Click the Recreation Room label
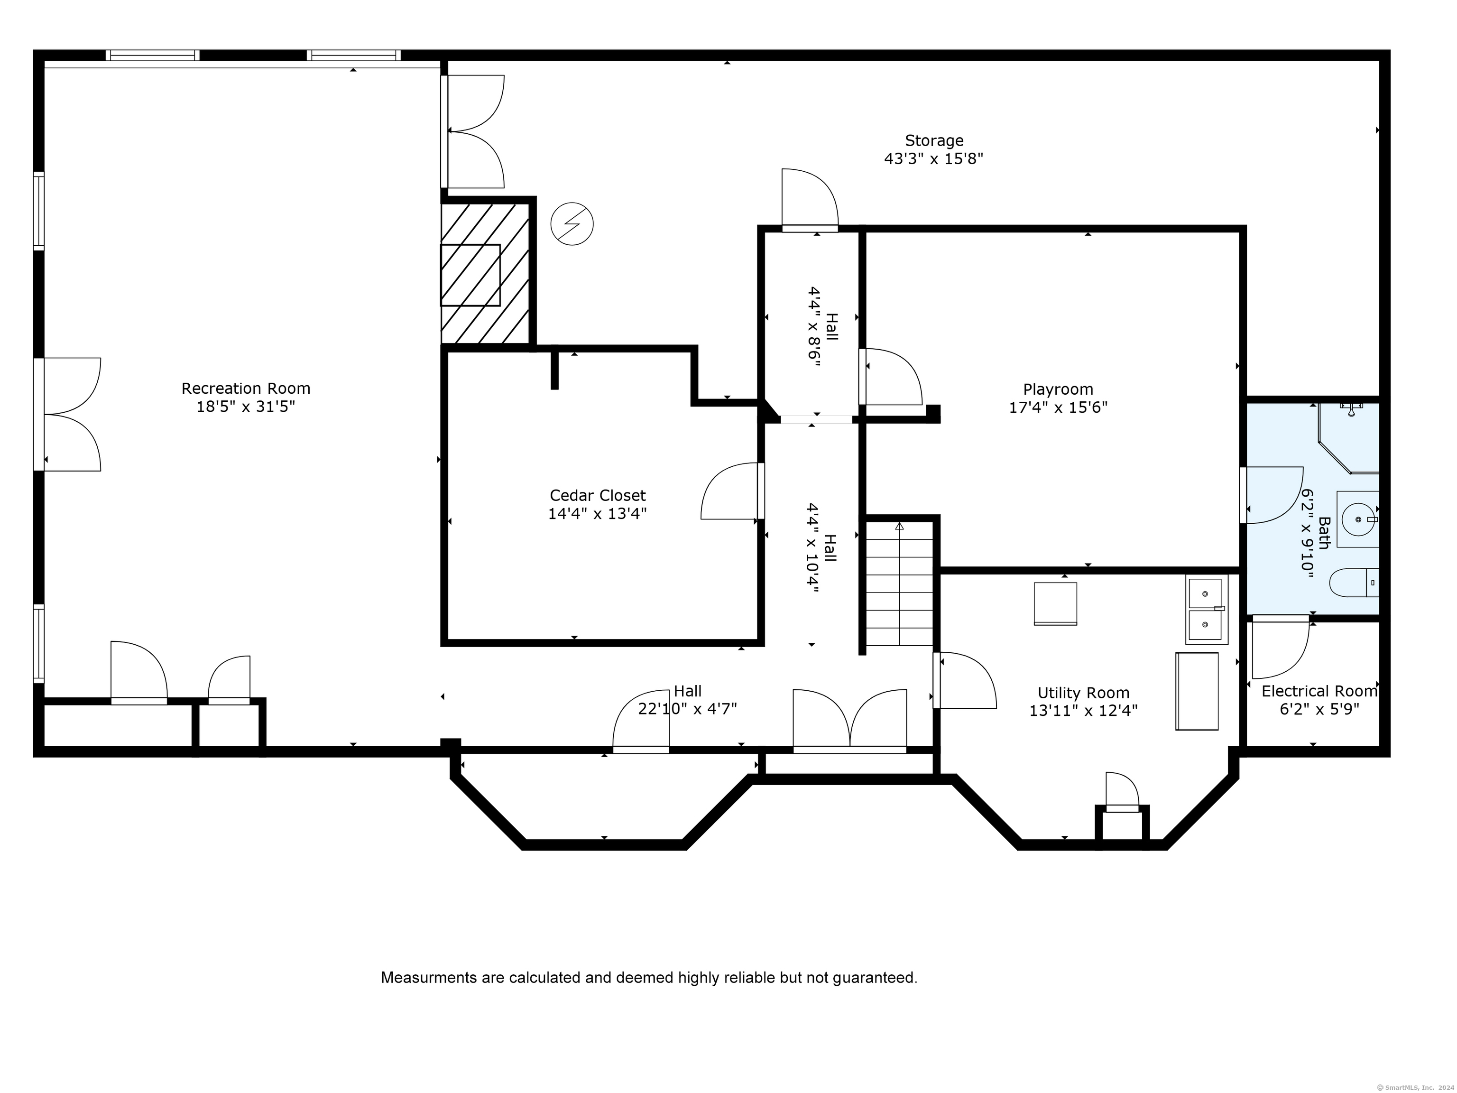coord(246,388)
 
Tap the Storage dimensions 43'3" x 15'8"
coord(933,159)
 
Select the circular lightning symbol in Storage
coord(572,224)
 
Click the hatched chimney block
coord(486,273)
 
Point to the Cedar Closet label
coord(598,495)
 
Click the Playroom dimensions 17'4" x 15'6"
coord(1058,407)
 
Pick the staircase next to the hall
coord(899,583)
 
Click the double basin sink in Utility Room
coord(1206,609)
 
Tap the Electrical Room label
coord(1319,691)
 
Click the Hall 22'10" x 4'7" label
coord(687,700)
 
